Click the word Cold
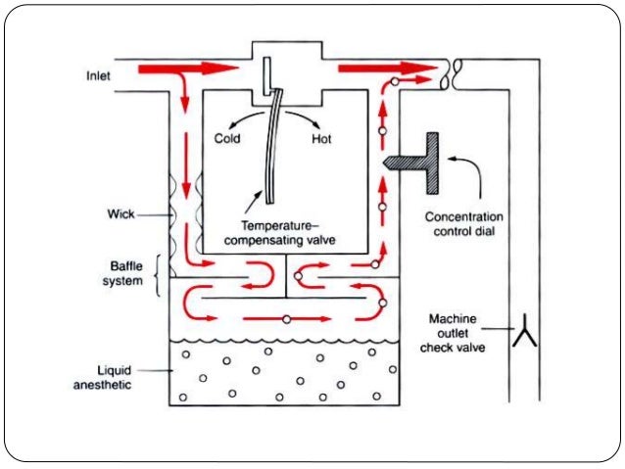227,139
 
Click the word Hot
321,139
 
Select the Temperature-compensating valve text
271,230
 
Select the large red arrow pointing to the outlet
386,70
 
